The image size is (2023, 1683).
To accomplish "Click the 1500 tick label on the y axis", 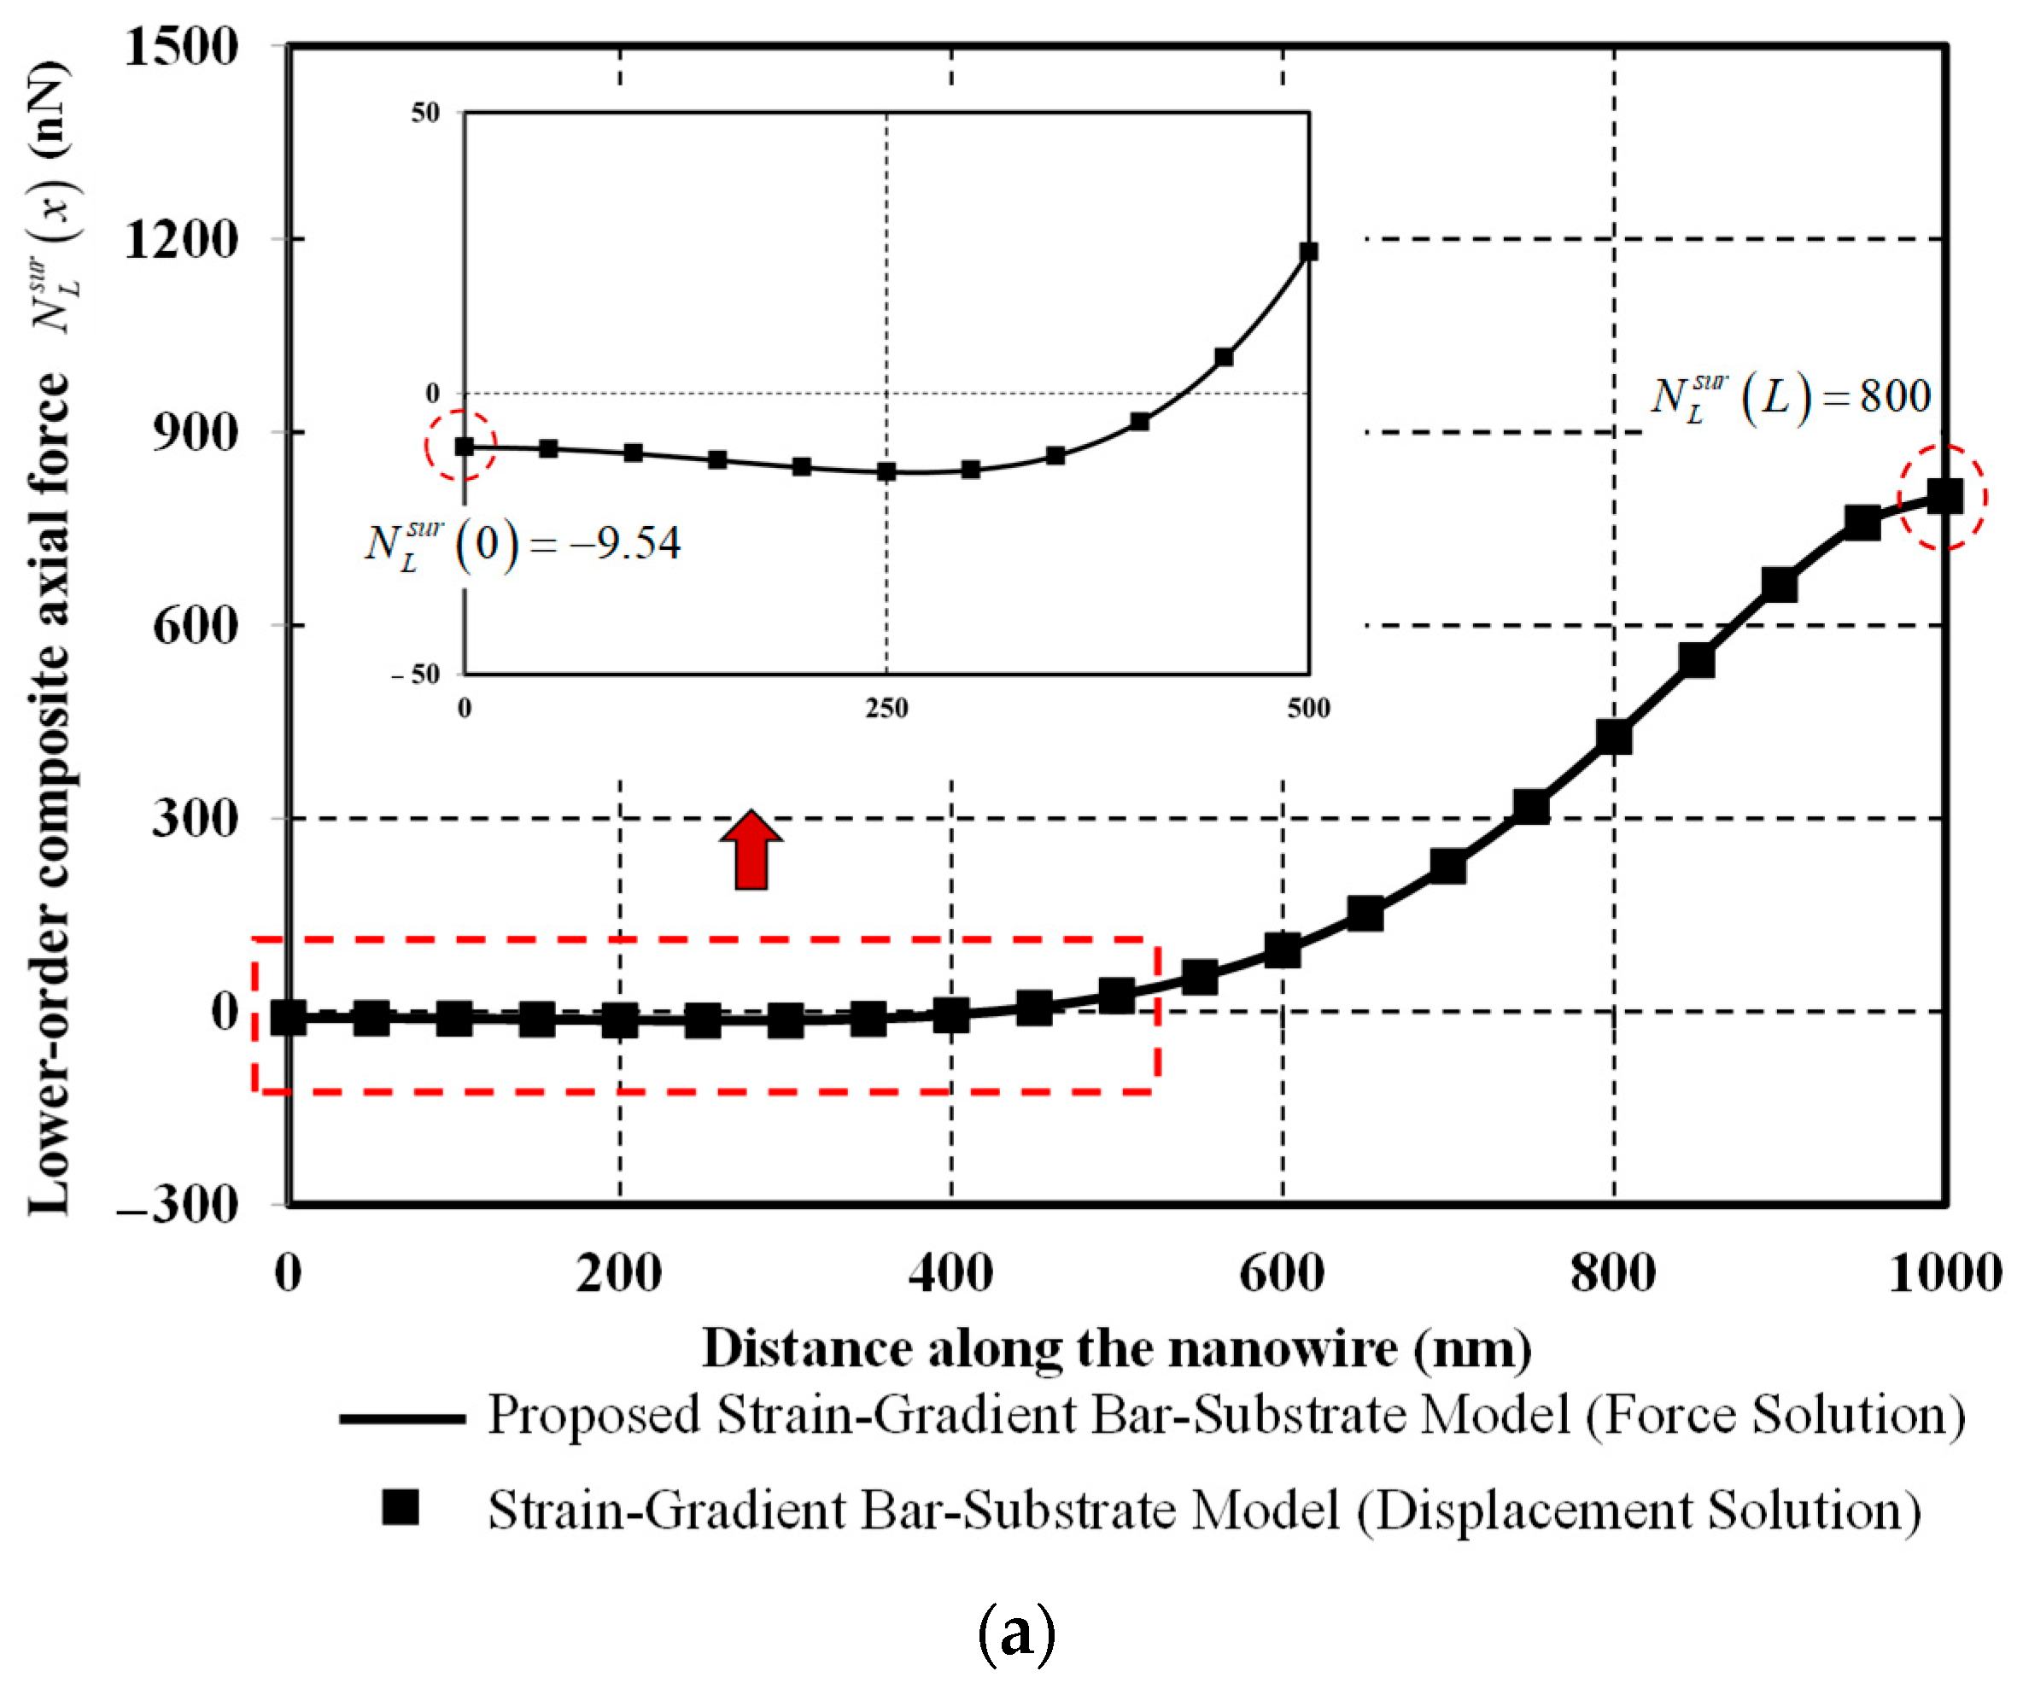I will coord(180,46).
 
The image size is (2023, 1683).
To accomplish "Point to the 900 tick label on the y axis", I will coord(195,433).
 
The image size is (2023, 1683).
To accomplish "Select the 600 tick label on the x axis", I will coord(1282,1274).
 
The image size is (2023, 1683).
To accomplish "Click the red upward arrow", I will coord(751,850).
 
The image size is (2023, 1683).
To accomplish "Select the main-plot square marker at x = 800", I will coord(1615,737).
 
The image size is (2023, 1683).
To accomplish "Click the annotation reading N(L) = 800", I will coord(1790,397).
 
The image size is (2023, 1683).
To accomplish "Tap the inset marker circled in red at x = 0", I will coord(465,446).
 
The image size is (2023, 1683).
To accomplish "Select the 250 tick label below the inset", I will coord(886,709).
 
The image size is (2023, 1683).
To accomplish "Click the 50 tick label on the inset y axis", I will coord(424,114).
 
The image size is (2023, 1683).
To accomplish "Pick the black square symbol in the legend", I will coord(400,1508).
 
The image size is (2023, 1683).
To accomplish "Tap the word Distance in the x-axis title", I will coord(806,1349).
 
